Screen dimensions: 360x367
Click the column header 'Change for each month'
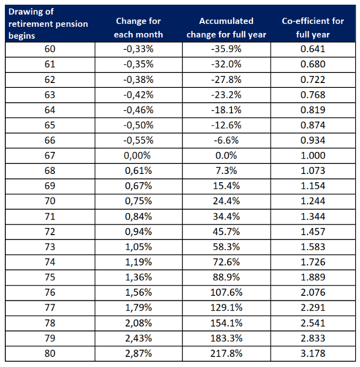click(139, 28)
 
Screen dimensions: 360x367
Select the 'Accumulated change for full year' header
click(227, 28)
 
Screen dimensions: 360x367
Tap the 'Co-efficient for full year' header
click(313, 28)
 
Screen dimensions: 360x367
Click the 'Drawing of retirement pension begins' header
click(48, 23)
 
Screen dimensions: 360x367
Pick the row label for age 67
click(50, 156)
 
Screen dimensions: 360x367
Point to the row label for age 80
click(50, 353)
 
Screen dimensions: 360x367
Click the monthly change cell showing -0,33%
click(139, 49)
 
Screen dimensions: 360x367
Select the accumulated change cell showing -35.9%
click(227, 49)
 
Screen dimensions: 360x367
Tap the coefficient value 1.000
click(313, 156)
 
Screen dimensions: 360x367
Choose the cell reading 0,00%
click(137, 156)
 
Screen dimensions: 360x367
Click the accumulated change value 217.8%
click(227, 354)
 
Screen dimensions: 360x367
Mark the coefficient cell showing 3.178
click(313, 353)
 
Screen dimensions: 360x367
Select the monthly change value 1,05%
click(139, 247)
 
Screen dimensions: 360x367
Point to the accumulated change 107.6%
click(227, 292)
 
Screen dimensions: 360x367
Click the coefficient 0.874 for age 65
click(313, 125)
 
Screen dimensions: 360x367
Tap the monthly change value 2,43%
click(139, 338)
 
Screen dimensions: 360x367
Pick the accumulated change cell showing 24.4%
click(227, 201)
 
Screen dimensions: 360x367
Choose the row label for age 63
click(50, 95)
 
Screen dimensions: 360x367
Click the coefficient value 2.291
click(313, 308)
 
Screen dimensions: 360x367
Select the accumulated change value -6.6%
click(227, 140)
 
